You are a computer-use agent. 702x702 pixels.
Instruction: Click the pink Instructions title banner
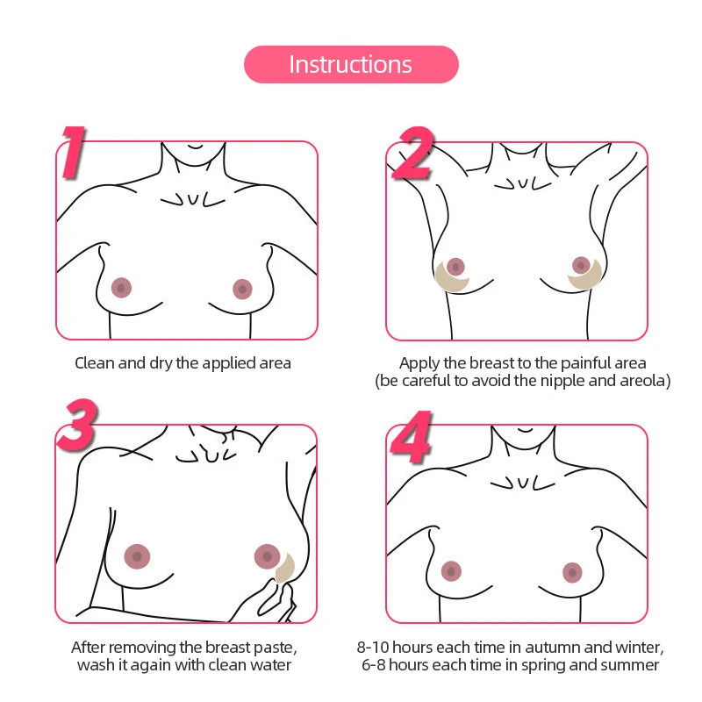point(351,65)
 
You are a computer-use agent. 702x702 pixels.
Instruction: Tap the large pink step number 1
point(83,153)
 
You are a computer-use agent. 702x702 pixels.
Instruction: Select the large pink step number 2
point(412,153)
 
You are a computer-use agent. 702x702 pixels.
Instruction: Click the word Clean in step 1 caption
point(94,362)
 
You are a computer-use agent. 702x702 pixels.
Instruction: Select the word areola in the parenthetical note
point(646,381)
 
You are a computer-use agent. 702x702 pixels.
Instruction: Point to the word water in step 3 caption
point(270,665)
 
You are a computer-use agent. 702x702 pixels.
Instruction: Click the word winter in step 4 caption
point(639,648)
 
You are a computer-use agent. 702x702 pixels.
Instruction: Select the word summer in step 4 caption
point(628,665)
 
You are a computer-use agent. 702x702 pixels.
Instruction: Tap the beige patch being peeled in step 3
point(284,569)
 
